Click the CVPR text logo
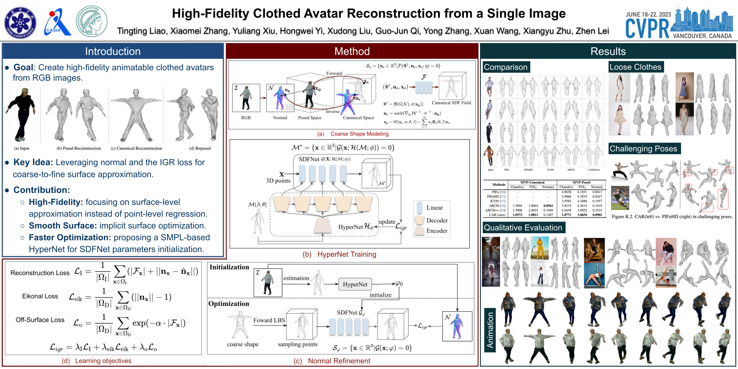click(x=647, y=28)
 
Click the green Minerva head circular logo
click(x=92, y=21)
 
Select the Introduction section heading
click(x=113, y=51)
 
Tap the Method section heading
click(x=352, y=51)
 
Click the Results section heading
click(x=608, y=51)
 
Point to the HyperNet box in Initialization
click(x=355, y=284)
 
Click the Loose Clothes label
click(x=635, y=67)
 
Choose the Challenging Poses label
click(x=643, y=148)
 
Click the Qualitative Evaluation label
click(x=523, y=228)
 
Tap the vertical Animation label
click(x=490, y=330)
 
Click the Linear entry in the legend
click(x=434, y=208)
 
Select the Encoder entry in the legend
click(x=437, y=231)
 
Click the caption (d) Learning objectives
click(x=97, y=361)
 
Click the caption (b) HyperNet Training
click(x=339, y=254)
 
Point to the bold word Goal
click(x=23, y=67)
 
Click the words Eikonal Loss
click(x=40, y=296)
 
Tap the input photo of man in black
click(x=22, y=115)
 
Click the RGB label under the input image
click(x=246, y=117)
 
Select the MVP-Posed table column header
click(x=581, y=182)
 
